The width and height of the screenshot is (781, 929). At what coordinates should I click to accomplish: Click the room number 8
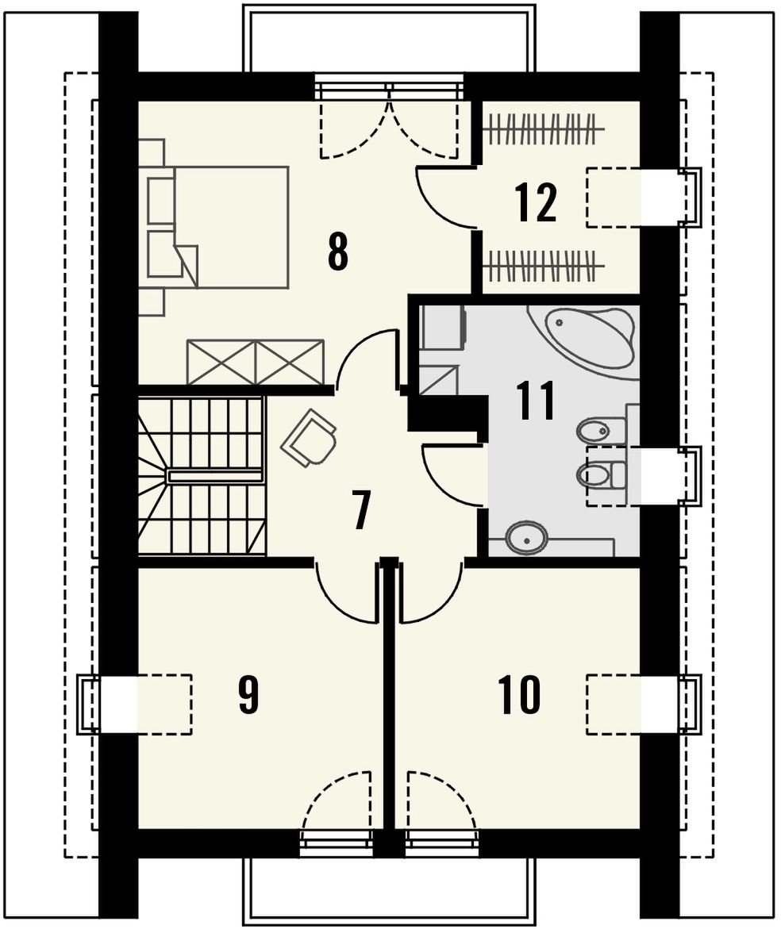(x=338, y=252)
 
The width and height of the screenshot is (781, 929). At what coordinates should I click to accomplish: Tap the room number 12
(x=536, y=202)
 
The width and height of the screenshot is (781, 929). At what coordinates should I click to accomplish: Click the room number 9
(x=248, y=694)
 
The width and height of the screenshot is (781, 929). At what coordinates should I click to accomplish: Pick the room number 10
(x=519, y=694)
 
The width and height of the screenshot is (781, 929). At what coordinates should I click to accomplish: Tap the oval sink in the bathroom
(x=525, y=538)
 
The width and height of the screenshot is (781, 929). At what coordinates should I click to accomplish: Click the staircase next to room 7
(x=202, y=476)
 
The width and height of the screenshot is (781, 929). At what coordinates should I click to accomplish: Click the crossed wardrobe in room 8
(x=256, y=362)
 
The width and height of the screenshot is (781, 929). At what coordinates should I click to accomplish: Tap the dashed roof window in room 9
(x=164, y=704)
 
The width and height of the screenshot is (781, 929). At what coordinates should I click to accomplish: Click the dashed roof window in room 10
(x=614, y=704)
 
